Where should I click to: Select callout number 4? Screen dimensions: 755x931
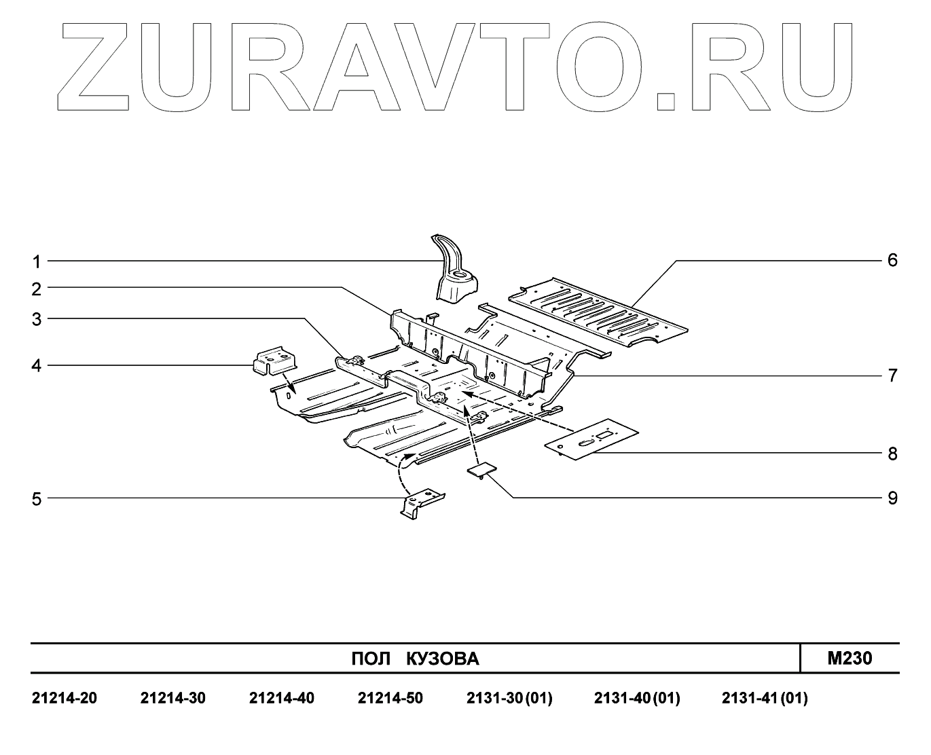[37, 366]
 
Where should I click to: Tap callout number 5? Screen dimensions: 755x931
[37, 500]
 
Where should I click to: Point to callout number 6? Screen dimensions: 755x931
[892, 260]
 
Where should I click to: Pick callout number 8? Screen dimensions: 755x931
[892, 454]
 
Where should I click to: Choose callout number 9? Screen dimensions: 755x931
[892, 498]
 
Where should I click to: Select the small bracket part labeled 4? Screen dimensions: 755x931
[273, 360]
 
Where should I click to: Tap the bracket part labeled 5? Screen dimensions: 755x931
[421, 502]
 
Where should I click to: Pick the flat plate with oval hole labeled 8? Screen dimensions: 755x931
[591, 441]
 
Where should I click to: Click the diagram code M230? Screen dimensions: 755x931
[850, 658]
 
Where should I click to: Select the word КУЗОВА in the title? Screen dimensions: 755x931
[443, 659]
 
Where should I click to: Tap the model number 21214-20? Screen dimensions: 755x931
[65, 698]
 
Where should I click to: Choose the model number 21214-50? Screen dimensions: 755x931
[390, 698]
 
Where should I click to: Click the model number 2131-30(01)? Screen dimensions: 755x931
[509, 698]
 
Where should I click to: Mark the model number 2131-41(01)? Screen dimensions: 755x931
[765, 698]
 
